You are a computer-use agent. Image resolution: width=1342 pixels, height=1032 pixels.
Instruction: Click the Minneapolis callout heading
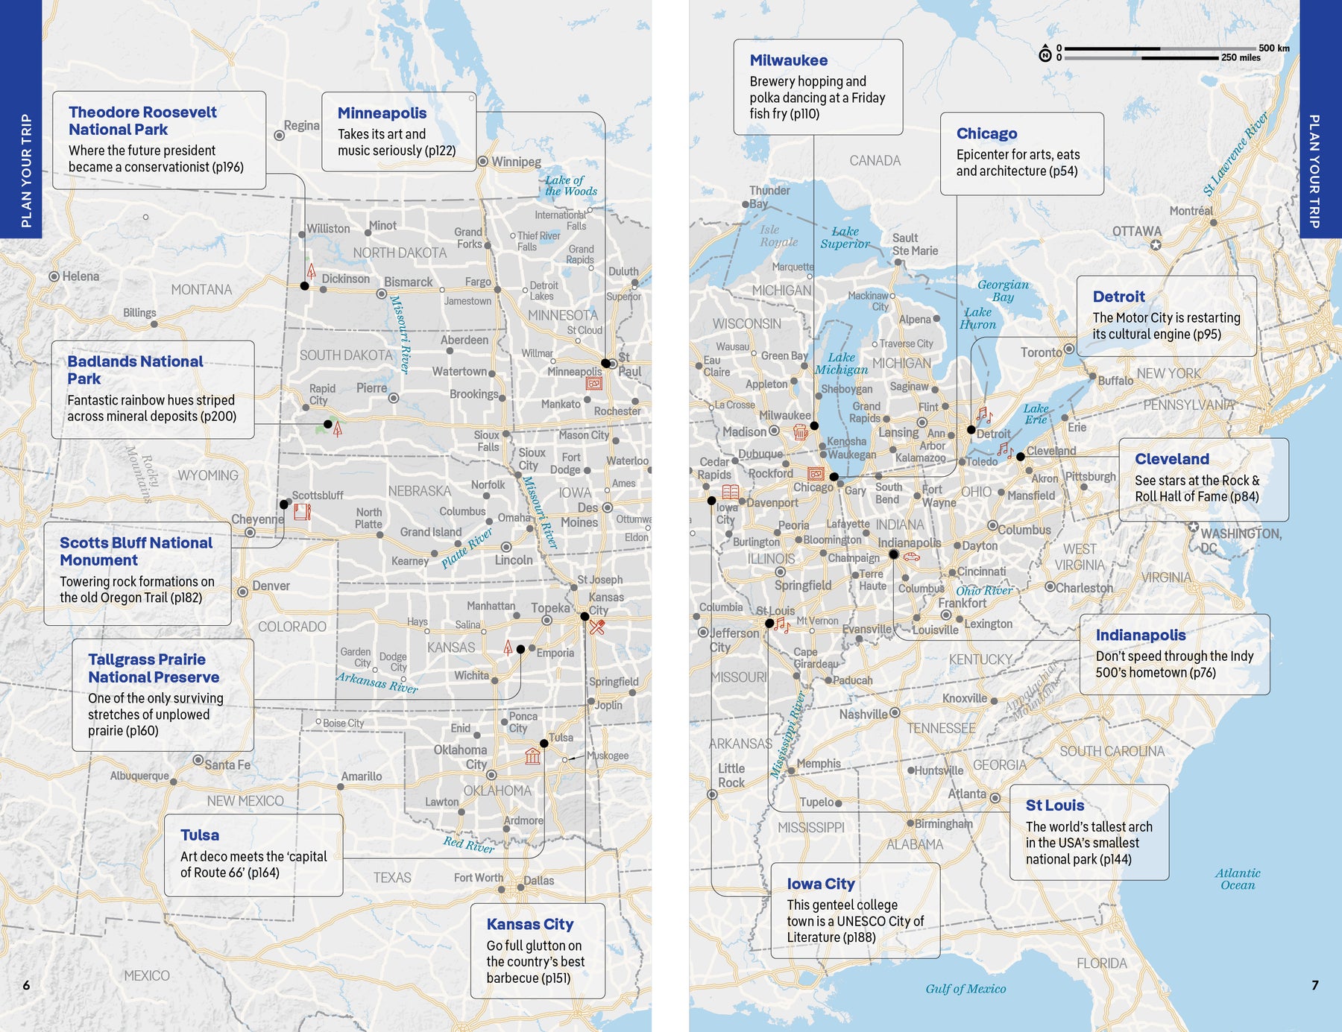pyautogui.click(x=382, y=113)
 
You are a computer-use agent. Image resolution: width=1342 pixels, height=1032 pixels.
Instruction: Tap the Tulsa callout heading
pyautogui.click(x=200, y=835)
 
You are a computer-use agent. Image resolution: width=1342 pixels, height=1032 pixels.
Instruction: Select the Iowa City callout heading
pyautogui.click(x=821, y=884)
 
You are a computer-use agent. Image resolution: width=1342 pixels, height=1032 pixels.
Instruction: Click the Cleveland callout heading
pyautogui.click(x=1172, y=459)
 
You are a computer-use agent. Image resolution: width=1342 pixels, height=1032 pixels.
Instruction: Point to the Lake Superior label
pyautogui.click(x=845, y=238)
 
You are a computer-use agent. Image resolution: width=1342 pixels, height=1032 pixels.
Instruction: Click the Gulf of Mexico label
pyautogui.click(x=965, y=989)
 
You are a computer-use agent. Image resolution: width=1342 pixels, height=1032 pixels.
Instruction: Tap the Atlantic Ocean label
pyautogui.click(x=1238, y=879)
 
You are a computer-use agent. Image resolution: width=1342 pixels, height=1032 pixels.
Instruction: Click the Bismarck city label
pyautogui.click(x=408, y=282)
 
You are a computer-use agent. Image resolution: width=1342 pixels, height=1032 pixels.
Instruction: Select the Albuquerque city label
pyautogui.click(x=139, y=776)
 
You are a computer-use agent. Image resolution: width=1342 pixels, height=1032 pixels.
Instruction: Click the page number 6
pyautogui.click(x=26, y=985)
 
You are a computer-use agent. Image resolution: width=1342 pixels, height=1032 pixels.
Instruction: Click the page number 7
pyautogui.click(x=1315, y=985)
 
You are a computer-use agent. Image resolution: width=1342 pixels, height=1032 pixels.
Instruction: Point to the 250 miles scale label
pyautogui.click(x=1241, y=57)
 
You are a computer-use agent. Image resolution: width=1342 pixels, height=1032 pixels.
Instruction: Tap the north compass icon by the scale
pyautogui.click(x=1045, y=54)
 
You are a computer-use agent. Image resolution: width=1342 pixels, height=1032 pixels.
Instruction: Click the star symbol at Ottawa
pyautogui.click(x=1156, y=244)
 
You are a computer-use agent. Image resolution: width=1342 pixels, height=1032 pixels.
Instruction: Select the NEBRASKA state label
pyautogui.click(x=419, y=491)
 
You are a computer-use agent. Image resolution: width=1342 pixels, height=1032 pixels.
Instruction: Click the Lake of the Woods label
pyautogui.click(x=570, y=186)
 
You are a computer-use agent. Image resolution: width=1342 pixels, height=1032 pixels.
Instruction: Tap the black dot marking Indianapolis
pyautogui.click(x=893, y=554)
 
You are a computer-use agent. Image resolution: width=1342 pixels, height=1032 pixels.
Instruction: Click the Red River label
pyautogui.click(x=468, y=843)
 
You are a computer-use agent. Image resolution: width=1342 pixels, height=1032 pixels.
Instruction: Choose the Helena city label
pyautogui.click(x=80, y=276)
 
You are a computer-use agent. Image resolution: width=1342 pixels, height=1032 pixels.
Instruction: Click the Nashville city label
pyautogui.click(x=863, y=714)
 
